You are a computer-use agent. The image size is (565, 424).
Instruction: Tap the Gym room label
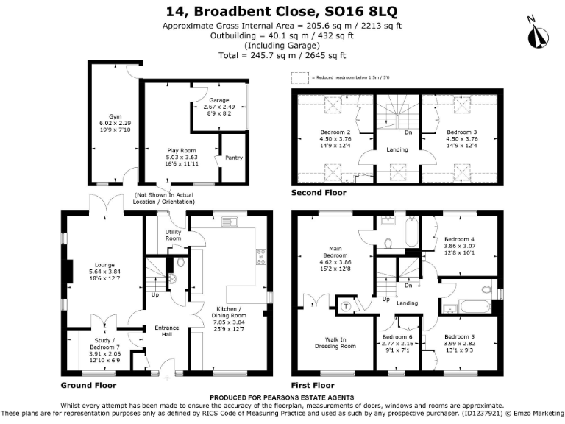click(115, 116)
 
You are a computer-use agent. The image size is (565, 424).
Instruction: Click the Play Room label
click(180, 150)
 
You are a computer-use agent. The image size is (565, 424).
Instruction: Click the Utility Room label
click(173, 235)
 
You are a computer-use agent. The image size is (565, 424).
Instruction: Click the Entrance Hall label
click(162, 332)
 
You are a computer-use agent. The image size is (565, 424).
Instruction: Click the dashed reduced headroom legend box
click(299, 77)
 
